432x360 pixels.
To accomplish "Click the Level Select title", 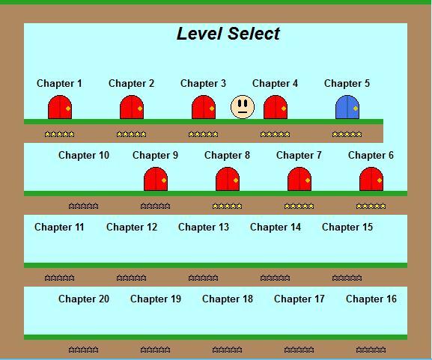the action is (228, 34).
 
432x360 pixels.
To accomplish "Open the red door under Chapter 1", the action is (60, 107).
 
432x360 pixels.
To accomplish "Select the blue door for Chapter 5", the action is (347, 107).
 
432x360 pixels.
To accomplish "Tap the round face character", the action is (243, 107).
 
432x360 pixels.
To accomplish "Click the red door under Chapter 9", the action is (156, 179).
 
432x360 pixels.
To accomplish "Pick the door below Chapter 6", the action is (371, 179).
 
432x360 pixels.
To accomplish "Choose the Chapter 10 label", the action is (84, 156).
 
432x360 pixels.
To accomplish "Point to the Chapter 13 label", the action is (204, 228).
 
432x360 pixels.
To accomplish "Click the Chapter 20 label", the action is (84, 299).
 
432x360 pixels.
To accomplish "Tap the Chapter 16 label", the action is (371, 299).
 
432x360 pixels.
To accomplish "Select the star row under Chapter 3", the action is (204, 135).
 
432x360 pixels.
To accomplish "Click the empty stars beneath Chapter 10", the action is (83, 206).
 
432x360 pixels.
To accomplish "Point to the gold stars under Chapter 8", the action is (228, 206).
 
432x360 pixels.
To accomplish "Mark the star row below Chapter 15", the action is (347, 278).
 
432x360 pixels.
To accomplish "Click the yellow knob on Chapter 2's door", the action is (140, 109).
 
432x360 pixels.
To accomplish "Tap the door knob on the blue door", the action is (356, 109).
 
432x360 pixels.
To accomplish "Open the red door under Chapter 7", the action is (299, 179).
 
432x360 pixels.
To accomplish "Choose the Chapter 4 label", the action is (275, 84).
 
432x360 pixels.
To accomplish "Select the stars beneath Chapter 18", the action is (228, 350).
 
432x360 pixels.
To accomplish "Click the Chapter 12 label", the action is (132, 228).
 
